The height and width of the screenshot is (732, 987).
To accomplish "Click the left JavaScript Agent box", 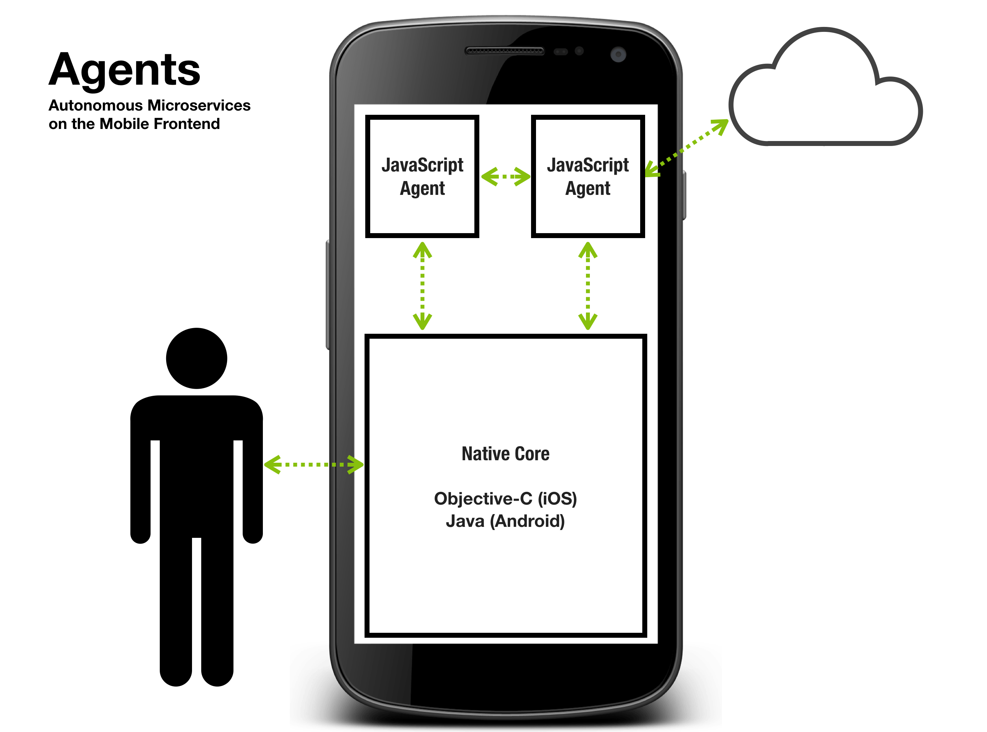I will coord(422,176).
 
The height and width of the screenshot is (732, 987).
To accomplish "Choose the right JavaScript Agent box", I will coord(587,176).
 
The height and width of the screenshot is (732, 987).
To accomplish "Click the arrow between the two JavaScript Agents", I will coord(506,176).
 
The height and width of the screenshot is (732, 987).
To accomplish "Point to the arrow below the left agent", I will coord(422,286).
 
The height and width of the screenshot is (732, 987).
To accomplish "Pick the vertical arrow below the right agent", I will coord(587,286).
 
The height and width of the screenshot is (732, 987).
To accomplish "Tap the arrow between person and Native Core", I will coord(314,464).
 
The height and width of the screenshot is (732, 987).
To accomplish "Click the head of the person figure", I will coord(196,358).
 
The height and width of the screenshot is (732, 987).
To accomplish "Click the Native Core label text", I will coord(506,454).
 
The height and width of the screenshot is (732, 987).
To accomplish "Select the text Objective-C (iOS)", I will coord(506,499).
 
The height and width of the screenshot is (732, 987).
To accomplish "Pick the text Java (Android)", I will coord(506,522).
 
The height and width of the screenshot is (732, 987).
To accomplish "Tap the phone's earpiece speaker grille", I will coord(504,51).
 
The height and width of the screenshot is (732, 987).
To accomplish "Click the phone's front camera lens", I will coord(618,55).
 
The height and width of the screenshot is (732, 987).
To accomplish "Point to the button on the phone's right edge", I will coord(684,195).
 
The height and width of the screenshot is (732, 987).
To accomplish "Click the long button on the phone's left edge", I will coord(328,295).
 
